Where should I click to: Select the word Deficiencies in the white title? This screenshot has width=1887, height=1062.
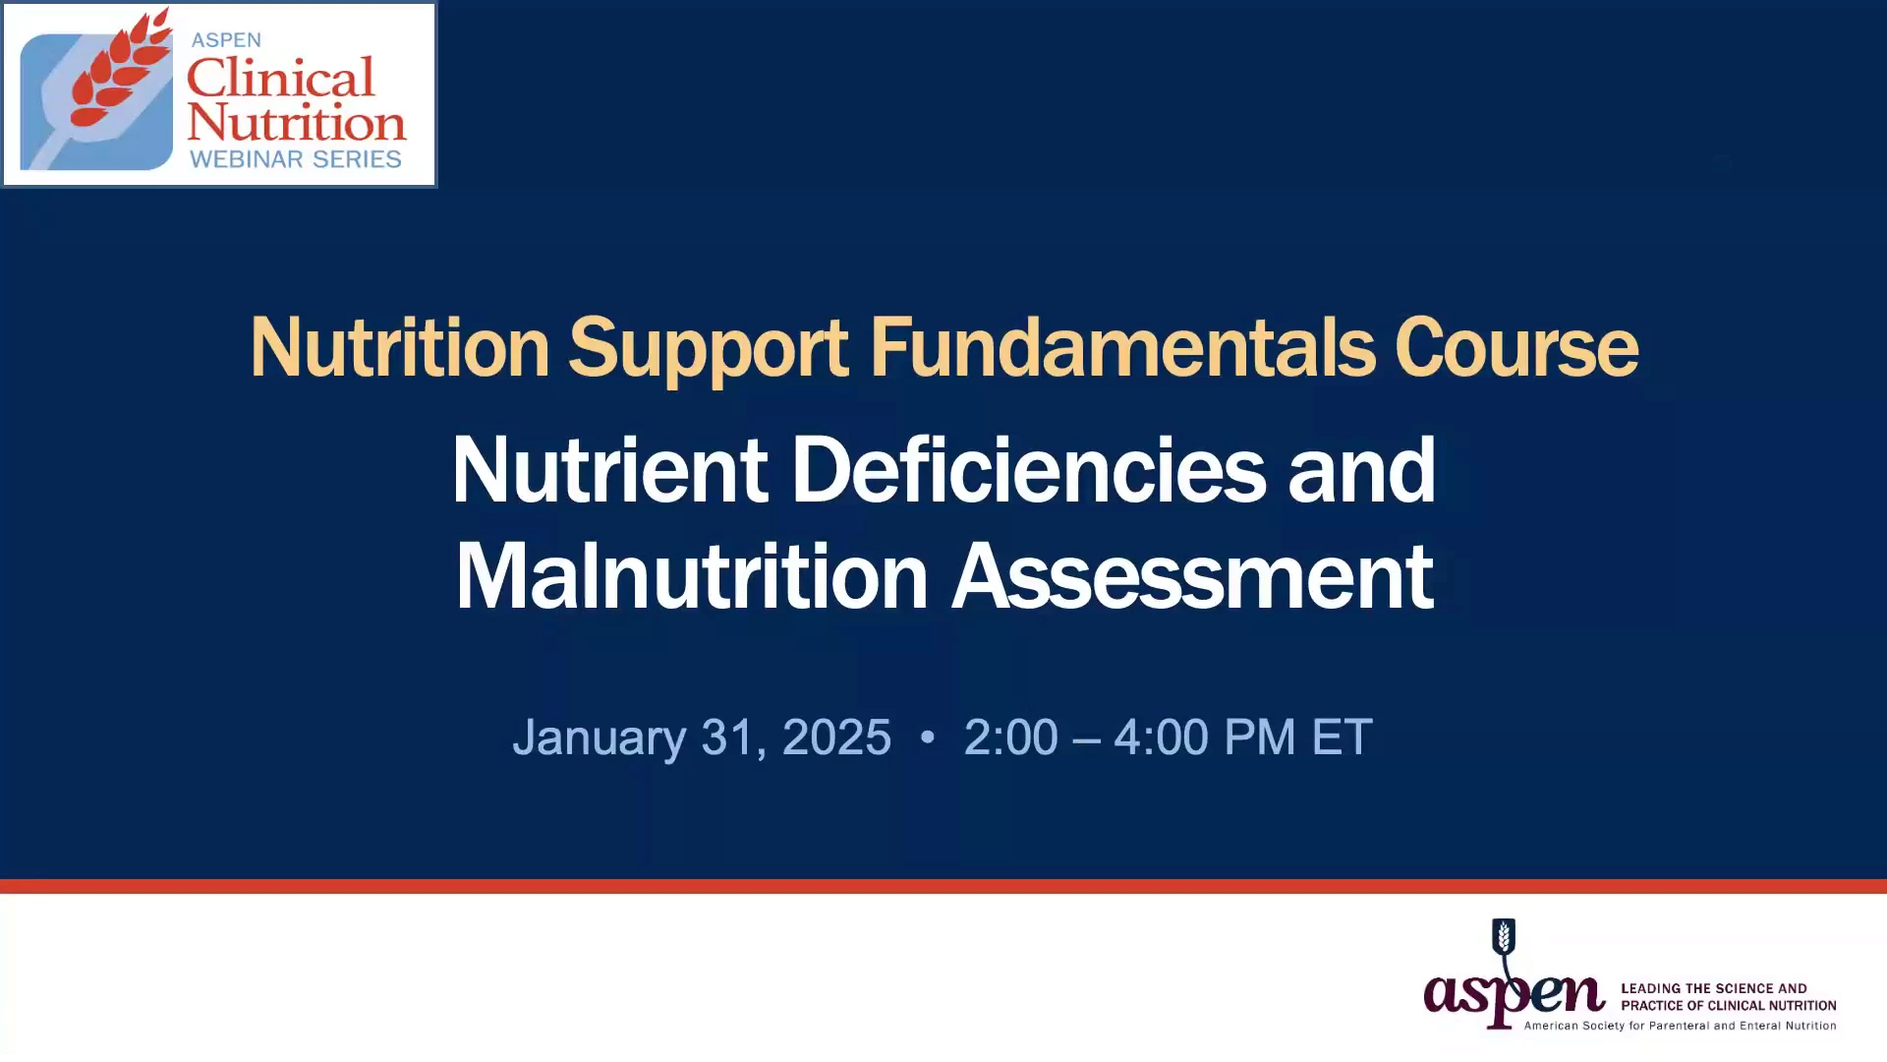(1028, 470)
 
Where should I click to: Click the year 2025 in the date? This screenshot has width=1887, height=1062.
(836, 737)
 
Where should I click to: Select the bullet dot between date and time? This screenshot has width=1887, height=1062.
(927, 737)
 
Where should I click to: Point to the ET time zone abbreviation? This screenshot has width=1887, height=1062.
(1342, 737)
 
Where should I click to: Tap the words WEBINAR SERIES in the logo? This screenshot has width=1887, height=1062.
(296, 159)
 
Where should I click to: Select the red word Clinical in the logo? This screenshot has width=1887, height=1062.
(281, 78)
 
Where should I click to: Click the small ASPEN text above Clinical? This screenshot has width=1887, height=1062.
(226, 40)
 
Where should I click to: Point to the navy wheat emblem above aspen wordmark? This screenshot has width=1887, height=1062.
(1504, 937)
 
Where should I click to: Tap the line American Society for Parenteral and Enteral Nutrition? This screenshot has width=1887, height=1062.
(1680, 1026)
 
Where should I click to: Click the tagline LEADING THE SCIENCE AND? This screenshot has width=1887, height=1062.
(1714, 988)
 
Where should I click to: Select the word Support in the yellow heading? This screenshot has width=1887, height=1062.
(709, 350)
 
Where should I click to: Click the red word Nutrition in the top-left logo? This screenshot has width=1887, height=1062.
(297, 123)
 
